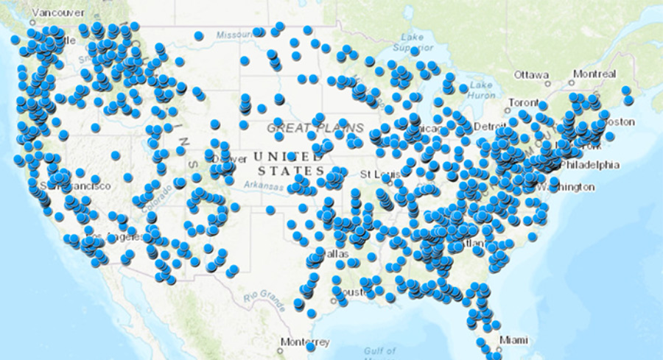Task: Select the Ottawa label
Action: pyautogui.click(x=531, y=75)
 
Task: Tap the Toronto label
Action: pyautogui.click(x=525, y=102)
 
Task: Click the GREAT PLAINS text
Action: pyautogui.click(x=305, y=128)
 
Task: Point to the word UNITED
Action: pyautogui.click(x=284, y=157)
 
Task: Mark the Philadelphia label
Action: pyautogui.click(x=589, y=165)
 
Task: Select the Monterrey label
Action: pyautogui.click(x=305, y=342)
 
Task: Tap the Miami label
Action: pyautogui.click(x=514, y=339)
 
